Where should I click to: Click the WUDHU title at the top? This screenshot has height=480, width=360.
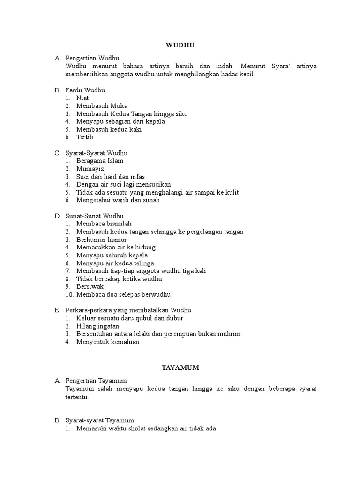point(180,45)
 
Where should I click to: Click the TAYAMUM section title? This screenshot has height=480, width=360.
point(180,368)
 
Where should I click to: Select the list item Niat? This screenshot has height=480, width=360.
point(82,98)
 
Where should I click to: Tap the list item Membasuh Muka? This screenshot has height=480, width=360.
point(102,106)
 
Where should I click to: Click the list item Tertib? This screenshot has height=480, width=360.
point(85,137)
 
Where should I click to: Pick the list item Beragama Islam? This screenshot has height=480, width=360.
point(100,161)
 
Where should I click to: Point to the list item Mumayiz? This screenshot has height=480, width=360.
point(90,169)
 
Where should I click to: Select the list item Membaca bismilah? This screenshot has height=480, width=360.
point(103,224)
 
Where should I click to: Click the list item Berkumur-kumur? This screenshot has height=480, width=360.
point(100,240)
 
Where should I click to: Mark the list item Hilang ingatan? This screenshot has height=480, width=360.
point(97,326)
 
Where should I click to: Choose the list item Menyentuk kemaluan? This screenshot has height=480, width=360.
point(108,342)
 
